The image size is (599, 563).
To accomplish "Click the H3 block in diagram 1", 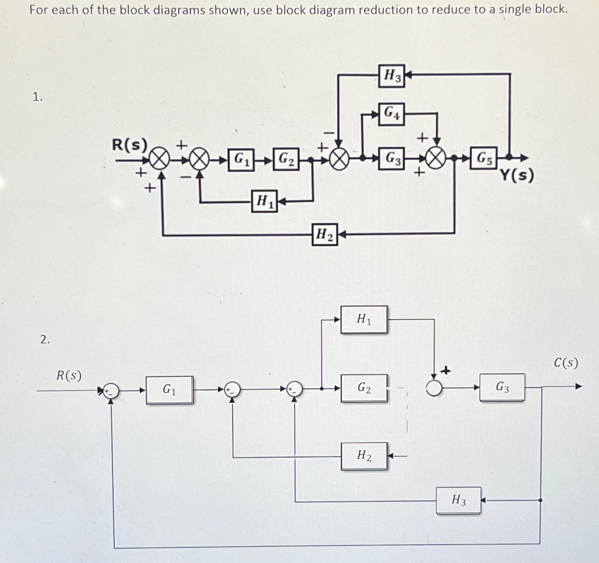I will pyautogui.click(x=391, y=76).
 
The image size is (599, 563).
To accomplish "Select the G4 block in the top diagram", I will pyautogui.click(x=391, y=114).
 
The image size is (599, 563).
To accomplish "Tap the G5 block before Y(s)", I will pyautogui.click(x=484, y=158).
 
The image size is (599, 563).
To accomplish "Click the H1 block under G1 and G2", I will pyautogui.click(x=264, y=201).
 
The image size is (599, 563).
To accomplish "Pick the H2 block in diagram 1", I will pyautogui.click(x=325, y=235).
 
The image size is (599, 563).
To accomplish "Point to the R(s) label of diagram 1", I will pyautogui.click(x=129, y=144).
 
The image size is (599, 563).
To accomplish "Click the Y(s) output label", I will pyautogui.click(x=517, y=176).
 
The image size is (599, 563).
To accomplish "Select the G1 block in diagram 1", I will pyautogui.click(x=241, y=159).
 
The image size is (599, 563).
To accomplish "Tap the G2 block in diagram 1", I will pyautogui.click(x=286, y=159).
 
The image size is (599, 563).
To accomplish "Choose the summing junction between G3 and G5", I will pyautogui.click(x=436, y=158).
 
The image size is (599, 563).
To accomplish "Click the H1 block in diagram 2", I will pyautogui.click(x=364, y=320).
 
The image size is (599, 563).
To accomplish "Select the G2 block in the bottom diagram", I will pyautogui.click(x=364, y=388).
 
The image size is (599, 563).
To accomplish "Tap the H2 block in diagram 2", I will pyautogui.click(x=364, y=456).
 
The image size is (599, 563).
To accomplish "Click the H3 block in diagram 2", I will pyautogui.click(x=458, y=500).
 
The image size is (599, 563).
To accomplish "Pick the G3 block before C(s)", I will pyautogui.click(x=502, y=387).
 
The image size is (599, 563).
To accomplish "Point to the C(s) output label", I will pyautogui.click(x=566, y=363).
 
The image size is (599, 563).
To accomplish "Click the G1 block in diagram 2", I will pyautogui.click(x=169, y=390).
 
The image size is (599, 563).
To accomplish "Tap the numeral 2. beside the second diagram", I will pyautogui.click(x=45, y=339).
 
